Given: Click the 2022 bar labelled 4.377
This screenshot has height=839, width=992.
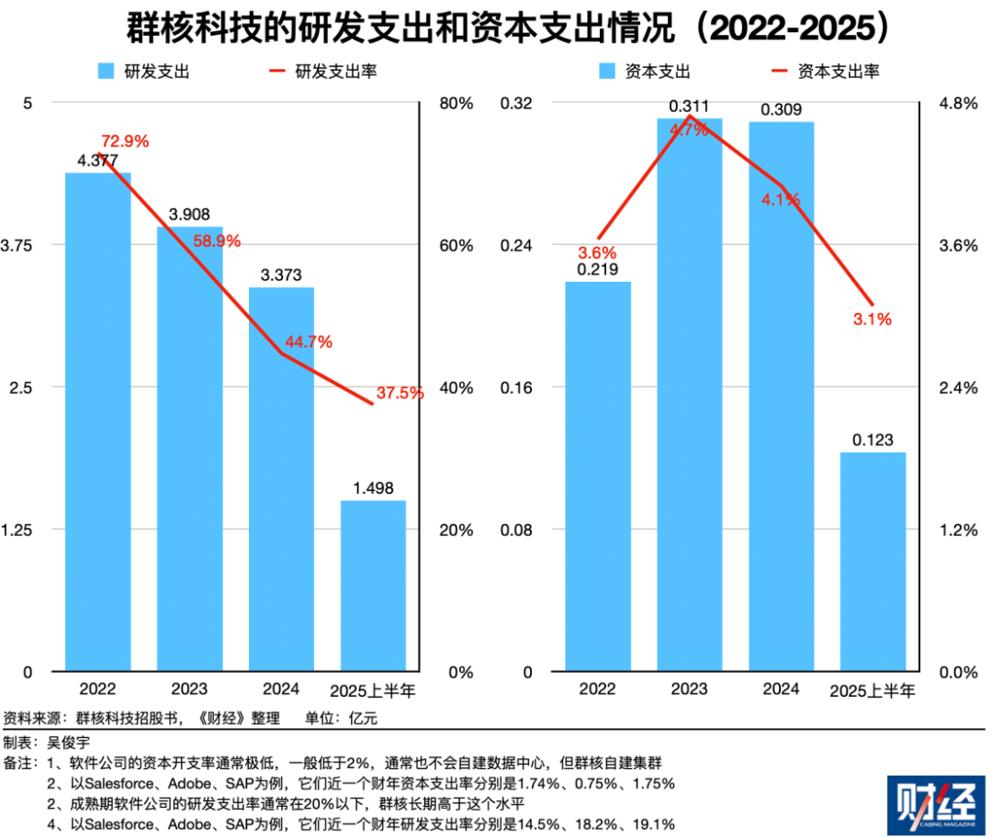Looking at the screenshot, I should coord(97,421).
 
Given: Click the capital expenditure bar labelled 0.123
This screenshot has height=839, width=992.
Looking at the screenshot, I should coord(873,561).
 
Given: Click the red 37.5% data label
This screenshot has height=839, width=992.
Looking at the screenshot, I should coord(399,393).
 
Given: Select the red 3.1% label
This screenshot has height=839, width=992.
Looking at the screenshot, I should coord(873,319).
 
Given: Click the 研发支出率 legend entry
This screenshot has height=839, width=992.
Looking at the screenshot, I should coord(335,71).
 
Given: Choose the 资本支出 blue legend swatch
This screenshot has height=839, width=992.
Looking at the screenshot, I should coord(607,71).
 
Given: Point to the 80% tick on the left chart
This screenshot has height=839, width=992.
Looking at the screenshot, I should coord(456,104).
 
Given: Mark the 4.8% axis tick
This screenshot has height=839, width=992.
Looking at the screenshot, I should coord(958,104).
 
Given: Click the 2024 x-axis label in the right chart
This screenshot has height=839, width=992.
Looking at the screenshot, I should coord(781,688).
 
